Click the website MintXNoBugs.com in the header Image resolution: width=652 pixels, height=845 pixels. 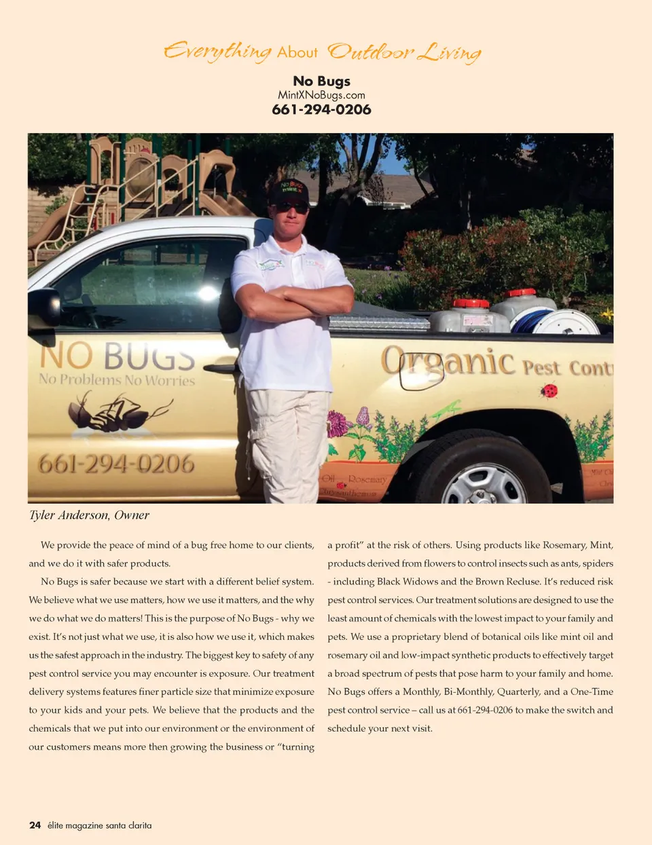pyautogui.click(x=321, y=95)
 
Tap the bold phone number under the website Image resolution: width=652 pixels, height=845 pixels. pyautogui.click(x=321, y=109)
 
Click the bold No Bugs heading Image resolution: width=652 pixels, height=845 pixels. pyautogui.click(x=321, y=81)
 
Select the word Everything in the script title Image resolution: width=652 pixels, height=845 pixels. pyautogui.click(x=217, y=52)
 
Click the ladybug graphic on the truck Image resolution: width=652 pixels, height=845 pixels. pyautogui.click(x=549, y=391)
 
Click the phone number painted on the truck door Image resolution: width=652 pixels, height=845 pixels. pyautogui.click(x=116, y=464)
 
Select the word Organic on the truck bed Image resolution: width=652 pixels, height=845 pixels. pyautogui.click(x=448, y=361)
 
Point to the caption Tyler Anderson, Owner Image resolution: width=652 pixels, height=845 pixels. pyautogui.click(x=89, y=515)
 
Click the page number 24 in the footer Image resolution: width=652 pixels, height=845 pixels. pyautogui.click(x=35, y=825)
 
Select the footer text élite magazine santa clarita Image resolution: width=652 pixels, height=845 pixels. pyautogui.click(x=100, y=825)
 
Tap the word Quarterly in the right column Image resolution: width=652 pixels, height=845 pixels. pyautogui.click(x=518, y=692)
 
